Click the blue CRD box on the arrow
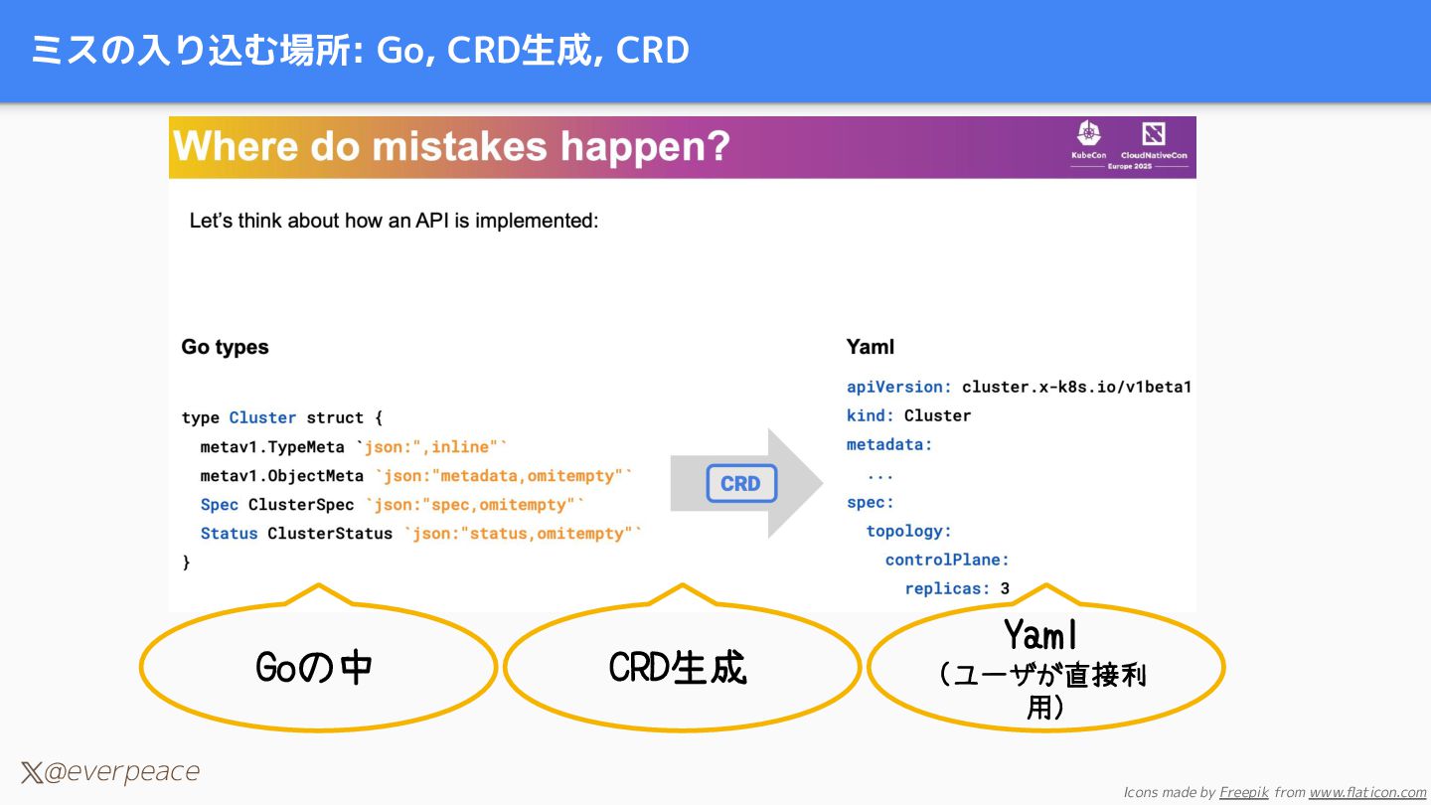click(740, 484)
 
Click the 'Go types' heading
click(225, 347)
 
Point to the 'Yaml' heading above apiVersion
click(871, 347)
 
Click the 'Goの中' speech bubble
click(316, 668)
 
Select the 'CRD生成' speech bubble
click(679, 668)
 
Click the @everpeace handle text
click(120, 772)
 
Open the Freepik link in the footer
click(1243, 792)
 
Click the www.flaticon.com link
click(1367, 792)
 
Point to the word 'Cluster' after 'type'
click(262, 417)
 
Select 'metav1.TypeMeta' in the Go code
click(271, 447)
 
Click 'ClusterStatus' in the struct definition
click(330, 534)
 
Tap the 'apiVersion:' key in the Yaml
click(899, 387)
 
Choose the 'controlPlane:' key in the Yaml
click(947, 560)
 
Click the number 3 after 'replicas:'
click(1005, 588)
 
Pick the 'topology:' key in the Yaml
click(908, 531)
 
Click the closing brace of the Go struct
click(186, 563)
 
